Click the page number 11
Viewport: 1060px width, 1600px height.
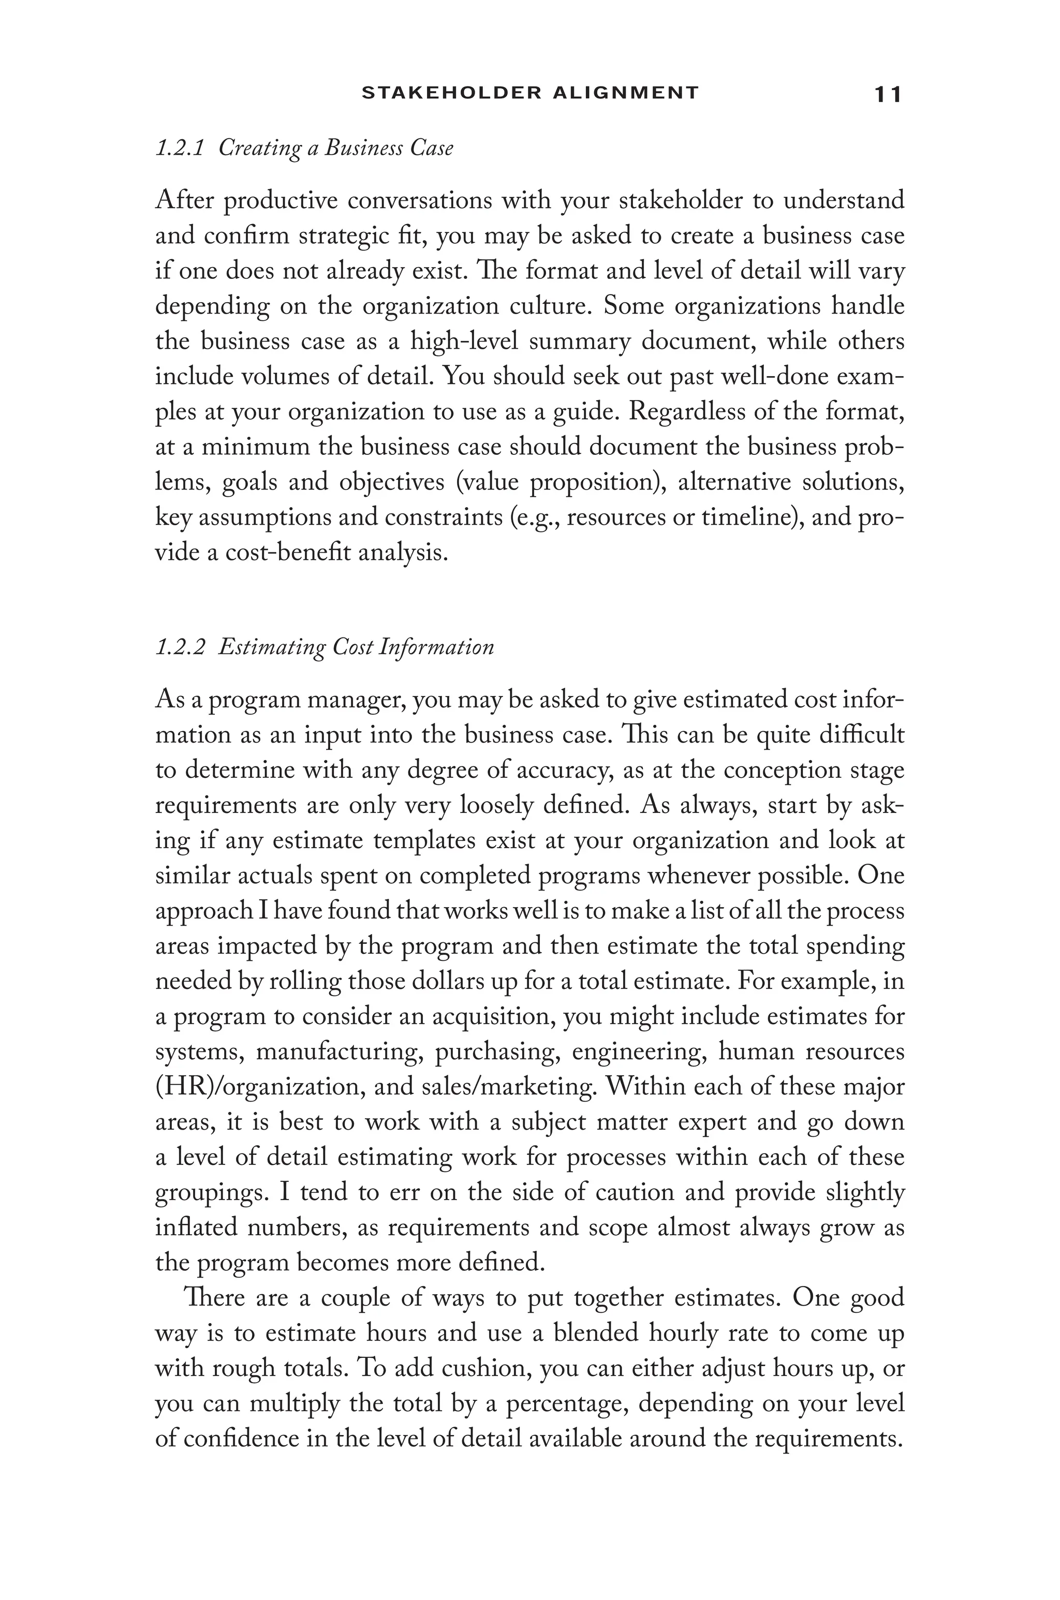point(888,95)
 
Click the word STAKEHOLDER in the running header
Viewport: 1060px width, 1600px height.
point(451,93)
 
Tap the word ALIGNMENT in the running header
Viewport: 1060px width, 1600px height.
point(625,93)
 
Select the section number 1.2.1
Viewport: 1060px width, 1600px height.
point(180,148)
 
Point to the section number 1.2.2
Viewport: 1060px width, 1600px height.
point(180,647)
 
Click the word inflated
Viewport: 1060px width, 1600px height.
point(196,1227)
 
